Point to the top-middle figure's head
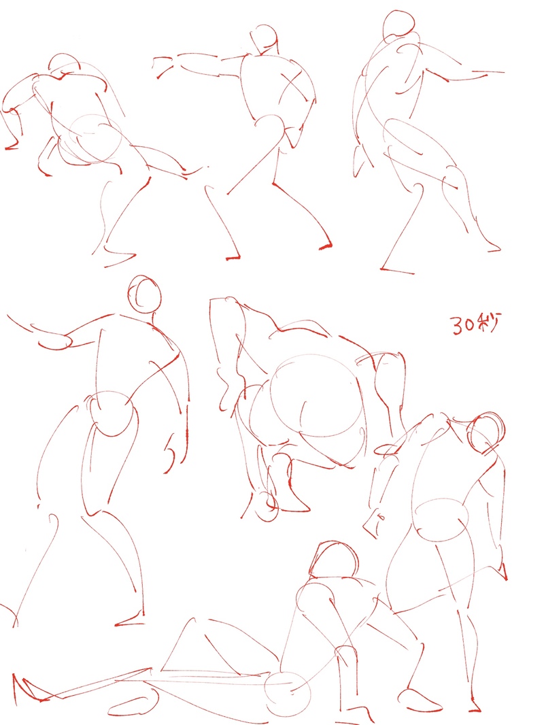click(264, 39)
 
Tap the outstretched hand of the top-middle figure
click(164, 67)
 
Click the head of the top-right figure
click(398, 23)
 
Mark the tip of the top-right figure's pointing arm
click(503, 72)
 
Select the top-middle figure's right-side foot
click(326, 246)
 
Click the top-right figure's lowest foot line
click(397, 271)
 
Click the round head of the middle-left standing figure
click(145, 294)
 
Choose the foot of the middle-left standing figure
click(131, 620)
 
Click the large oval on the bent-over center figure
click(315, 396)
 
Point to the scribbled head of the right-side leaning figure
click(486, 433)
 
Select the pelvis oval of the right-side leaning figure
click(441, 520)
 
